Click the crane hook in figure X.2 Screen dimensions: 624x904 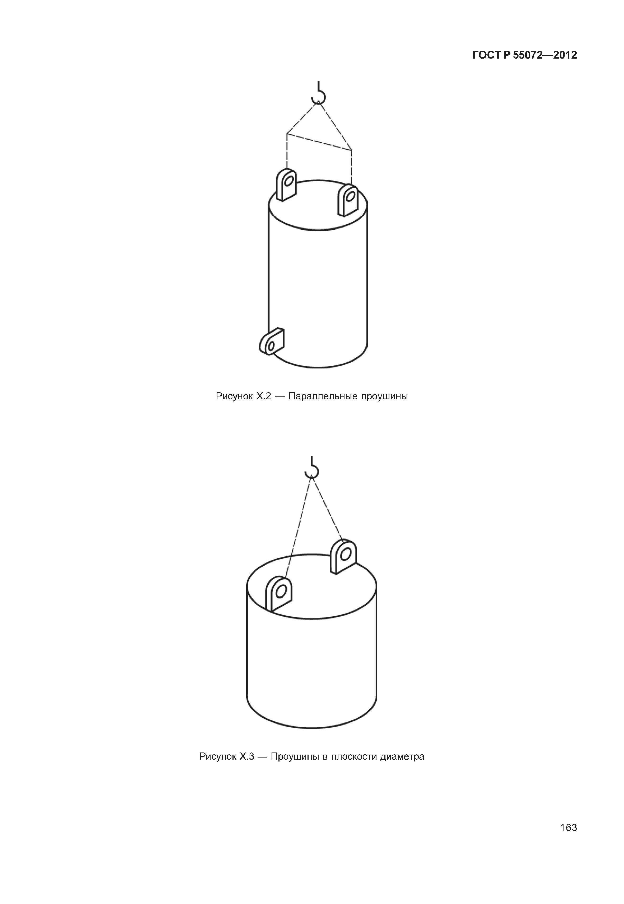pos(319,94)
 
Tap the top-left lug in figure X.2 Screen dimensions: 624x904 pos(286,185)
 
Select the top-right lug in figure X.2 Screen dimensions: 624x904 pos(348,200)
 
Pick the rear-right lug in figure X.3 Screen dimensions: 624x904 pos(343,556)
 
